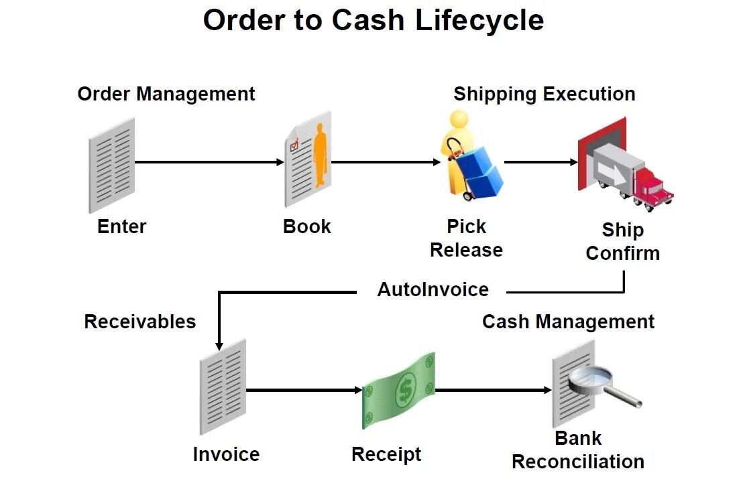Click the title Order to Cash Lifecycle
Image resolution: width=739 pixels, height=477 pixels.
373,21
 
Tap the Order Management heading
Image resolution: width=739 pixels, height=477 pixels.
166,94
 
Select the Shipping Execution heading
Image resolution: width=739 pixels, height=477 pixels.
544,94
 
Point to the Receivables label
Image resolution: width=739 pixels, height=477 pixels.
139,322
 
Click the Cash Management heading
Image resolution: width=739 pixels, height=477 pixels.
568,322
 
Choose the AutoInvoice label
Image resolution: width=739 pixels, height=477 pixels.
433,289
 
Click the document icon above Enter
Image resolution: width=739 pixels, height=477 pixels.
112,164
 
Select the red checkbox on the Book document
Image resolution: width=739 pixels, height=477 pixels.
294,144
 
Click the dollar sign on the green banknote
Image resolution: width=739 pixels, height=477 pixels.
405,389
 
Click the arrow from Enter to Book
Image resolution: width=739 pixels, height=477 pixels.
210,162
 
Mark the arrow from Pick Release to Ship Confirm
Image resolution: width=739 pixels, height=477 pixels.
541,162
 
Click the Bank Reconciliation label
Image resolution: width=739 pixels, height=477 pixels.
578,450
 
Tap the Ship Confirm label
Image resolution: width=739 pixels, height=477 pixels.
622,242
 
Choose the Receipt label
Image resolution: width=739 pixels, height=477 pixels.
386,454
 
